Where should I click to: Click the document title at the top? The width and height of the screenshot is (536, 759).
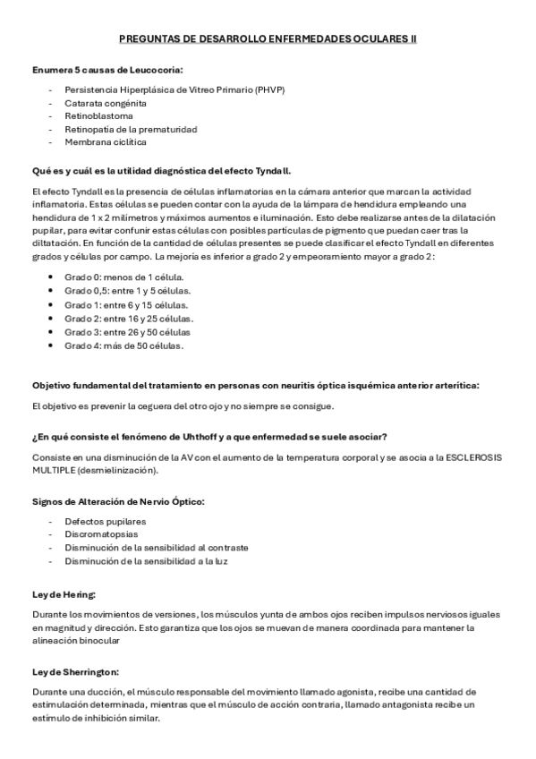pyautogui.click(x=268, y=39)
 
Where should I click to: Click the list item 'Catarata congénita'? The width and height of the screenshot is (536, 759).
pyautogui.click(x=106, y=103)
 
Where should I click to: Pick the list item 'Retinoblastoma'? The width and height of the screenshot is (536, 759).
pyautogui.click(x=98, y=115)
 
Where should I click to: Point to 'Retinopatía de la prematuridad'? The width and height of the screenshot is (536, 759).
pyautogui.click(x=131, y=129)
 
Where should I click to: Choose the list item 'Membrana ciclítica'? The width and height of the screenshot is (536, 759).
pyautogui.click(x=106, y=141)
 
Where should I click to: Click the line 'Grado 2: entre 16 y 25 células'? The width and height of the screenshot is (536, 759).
pyautogui.click(x=129, y=318)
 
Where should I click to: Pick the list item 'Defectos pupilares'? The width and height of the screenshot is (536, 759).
pyautogui.click(x=105, y=521)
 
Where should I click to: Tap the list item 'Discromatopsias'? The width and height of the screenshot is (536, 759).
pyautogui.click(x=99, y=534)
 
